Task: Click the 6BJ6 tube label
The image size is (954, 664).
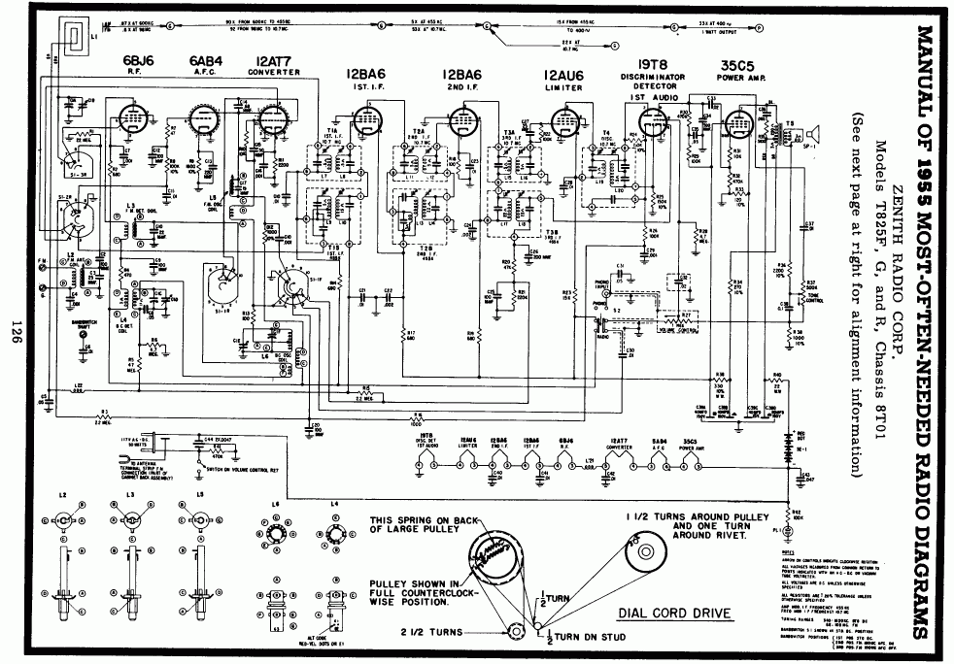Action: click(133, 65)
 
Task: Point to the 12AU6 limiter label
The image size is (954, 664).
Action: click(563, 75)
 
